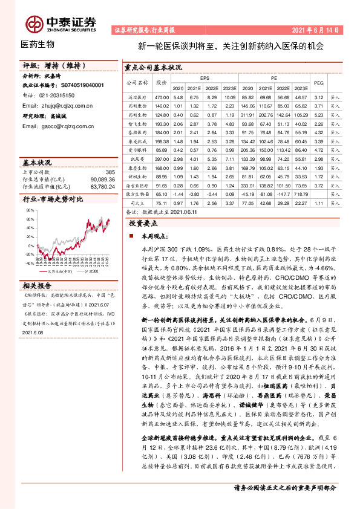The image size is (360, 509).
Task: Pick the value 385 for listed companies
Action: click(x=110, y=172)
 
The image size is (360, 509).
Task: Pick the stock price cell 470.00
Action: click(x=161, y=97)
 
